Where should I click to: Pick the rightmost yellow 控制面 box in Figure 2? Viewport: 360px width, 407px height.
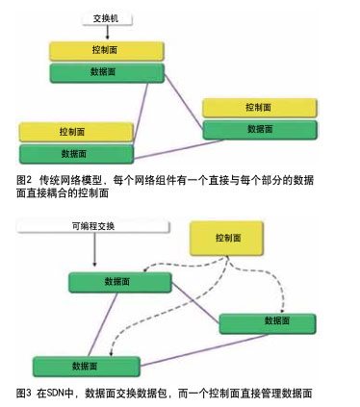[x=258, y=108]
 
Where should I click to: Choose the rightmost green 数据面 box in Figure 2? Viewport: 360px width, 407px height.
[x=259, y=129]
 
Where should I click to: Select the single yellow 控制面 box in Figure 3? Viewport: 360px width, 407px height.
[x=228, y=238]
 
